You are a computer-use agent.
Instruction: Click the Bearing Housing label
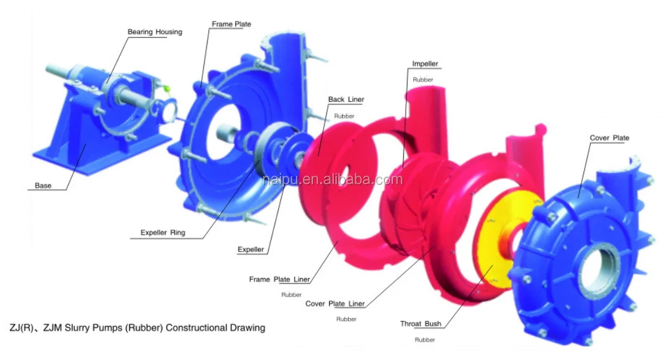click(x=155, y=32)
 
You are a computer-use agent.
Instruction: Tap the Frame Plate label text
click(x=231, y=24)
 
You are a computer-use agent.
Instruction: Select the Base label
click(x=43, y=186)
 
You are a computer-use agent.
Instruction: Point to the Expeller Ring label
click(x=162, y=232)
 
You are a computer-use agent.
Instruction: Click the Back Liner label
click(x=346, y=99)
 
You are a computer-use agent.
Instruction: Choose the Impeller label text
click(x=425, y=63)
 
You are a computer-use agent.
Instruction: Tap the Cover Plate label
click(x=610, y=138)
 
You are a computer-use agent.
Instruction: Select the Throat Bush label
click(x=420, y=324)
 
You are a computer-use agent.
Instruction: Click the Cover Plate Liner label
click(x=335, y=304)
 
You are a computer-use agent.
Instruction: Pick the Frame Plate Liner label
click(x=279, y=279)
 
